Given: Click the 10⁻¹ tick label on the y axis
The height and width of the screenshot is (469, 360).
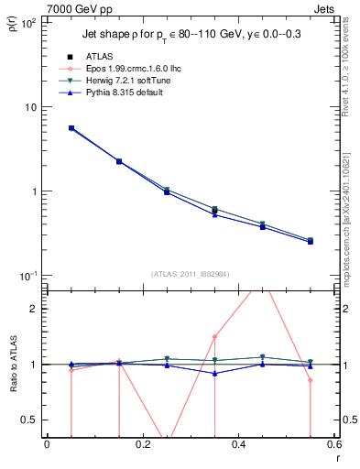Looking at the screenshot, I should (x=29, y=276).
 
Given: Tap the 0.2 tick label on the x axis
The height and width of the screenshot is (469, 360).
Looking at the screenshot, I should (x=142, y=444).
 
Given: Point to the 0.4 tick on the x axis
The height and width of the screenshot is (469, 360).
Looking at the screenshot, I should (x=238, y=444).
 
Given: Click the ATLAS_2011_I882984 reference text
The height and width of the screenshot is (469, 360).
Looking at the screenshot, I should (x=191, y=274).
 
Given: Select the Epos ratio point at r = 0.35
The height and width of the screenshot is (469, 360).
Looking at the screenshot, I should (x=214, y=337).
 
